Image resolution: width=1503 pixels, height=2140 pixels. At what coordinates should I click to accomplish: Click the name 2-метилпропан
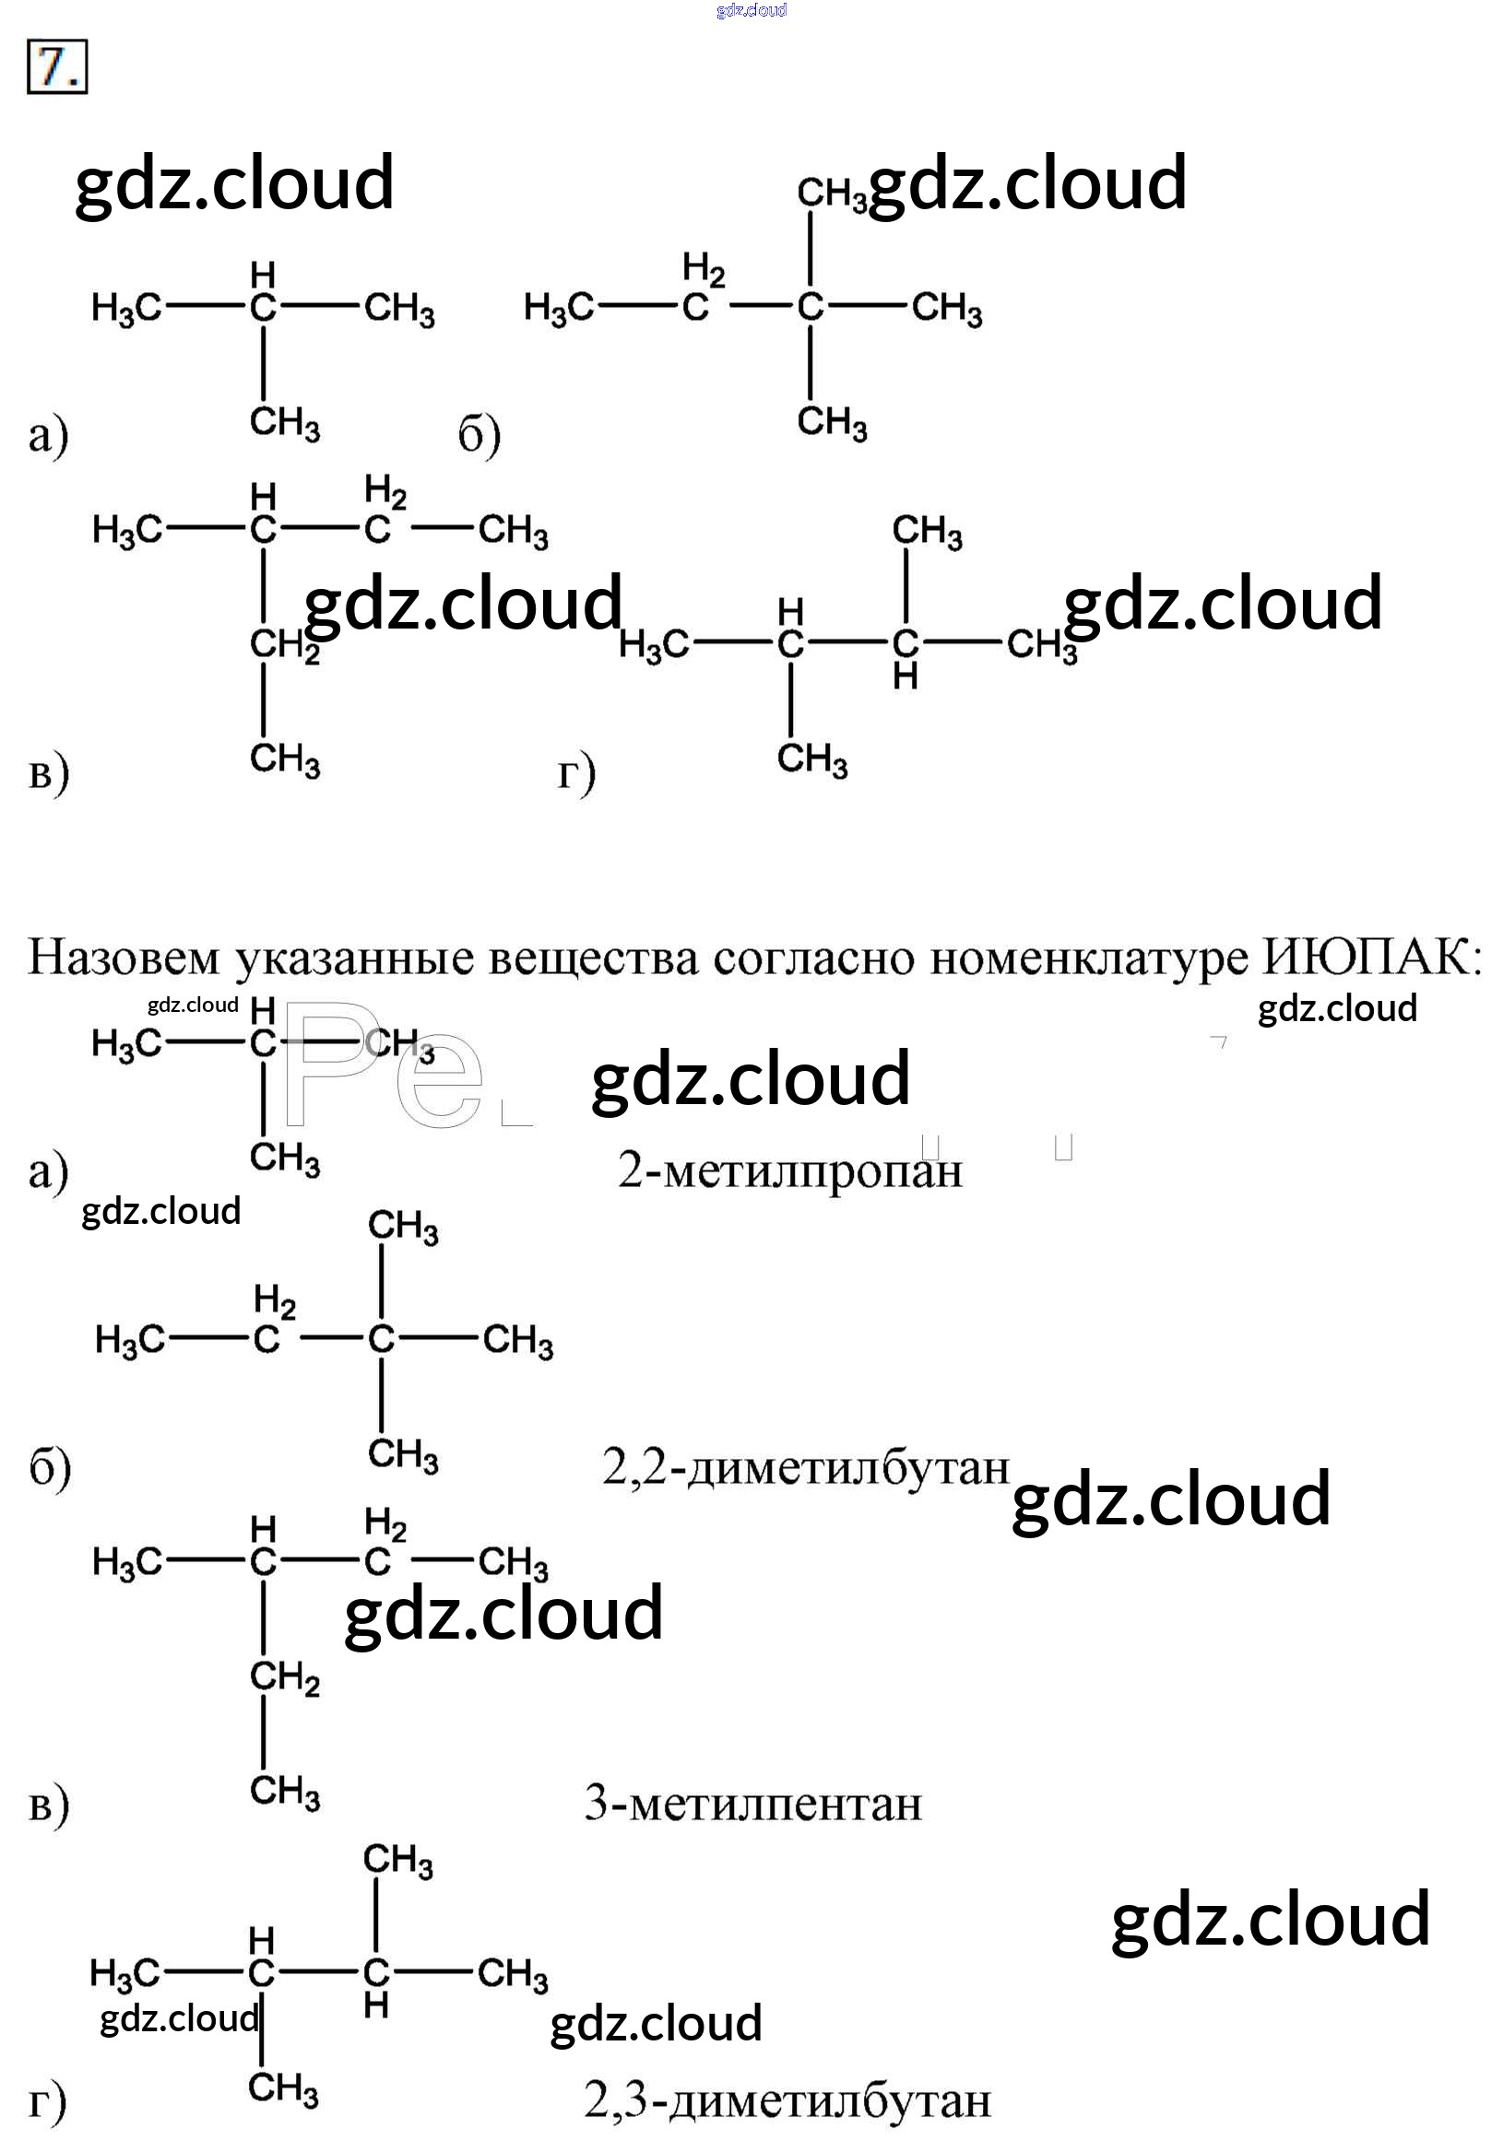pyautogui.click(x=788, y=1170)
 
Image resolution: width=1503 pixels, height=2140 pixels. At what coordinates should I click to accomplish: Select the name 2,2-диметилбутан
pyautogui.click(x=806, y=1468)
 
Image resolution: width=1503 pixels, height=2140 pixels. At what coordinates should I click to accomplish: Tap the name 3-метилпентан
pyautogui.click(x=752, y=1803)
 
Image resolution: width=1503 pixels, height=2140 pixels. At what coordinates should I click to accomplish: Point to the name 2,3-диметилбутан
pyautogui.click(x=787, y=2100)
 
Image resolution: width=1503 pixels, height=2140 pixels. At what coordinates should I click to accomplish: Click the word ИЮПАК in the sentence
pyautogui.click(x=1370, y=958)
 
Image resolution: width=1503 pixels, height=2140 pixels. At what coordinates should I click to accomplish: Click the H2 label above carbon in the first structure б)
pyautogui.click(x=703, y=270)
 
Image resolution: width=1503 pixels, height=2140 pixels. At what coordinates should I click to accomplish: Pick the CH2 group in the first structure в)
pyautogui.click(x=284, y=645)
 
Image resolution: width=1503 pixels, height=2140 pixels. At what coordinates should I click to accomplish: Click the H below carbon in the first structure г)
pyautogui.click(x=905, y=677)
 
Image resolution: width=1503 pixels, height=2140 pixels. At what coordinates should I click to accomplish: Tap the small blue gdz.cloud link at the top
pyautogui.click(x=751, y=10)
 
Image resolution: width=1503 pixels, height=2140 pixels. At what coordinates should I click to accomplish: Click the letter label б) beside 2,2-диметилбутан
pyautogui.click(x=50, y=1469)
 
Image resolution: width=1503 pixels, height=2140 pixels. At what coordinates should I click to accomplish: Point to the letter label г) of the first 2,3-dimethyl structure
pyautogui.click(x=576, y=773)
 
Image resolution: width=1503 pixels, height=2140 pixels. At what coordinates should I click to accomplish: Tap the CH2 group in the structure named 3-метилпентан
pyautogui.click(x=284, y=1677)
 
